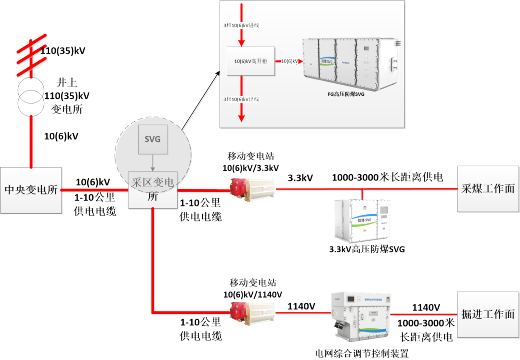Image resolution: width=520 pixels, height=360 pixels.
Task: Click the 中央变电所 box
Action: click(31, 190)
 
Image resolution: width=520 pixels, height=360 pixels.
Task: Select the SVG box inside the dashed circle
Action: click(153, 140)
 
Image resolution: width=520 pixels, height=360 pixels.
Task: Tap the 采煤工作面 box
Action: click(488, 189)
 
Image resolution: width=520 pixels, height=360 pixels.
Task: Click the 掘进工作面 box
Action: click(488, 315)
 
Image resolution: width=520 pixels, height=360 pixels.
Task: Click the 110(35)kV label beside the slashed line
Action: click(63, 51)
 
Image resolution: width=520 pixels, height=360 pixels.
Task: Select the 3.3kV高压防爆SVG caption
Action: click(367, 249)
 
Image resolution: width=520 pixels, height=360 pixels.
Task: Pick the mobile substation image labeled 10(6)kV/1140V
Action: click(252, 312)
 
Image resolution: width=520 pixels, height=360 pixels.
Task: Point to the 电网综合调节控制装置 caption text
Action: click(362, 354)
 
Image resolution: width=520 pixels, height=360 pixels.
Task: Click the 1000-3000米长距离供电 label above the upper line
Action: click(387, 178)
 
